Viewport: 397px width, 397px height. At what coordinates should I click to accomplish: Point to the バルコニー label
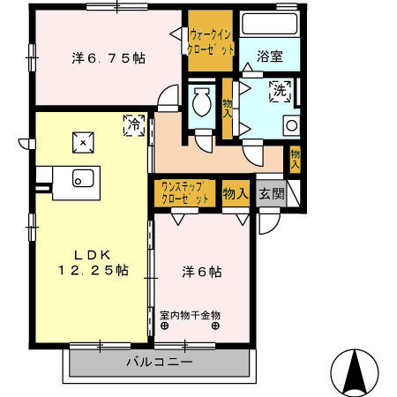coord(159,363)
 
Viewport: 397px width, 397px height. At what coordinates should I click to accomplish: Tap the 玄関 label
coord(272,193)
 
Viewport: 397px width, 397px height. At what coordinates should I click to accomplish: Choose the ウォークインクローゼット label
coord(212,42)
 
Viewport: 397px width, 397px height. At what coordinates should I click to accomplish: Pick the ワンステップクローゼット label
coord(184,193)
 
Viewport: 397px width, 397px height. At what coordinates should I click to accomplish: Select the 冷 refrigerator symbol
coord(134,124)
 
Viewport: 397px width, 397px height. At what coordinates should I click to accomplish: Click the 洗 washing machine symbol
coord(280,90)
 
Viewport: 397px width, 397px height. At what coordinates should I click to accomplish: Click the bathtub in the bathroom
coord(270,25)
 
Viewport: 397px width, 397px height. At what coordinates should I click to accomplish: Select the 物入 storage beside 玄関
coord(235,193)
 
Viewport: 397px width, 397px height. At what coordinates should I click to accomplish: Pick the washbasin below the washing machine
coord(290,125)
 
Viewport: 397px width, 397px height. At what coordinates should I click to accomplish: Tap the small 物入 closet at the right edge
coord(296,158)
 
